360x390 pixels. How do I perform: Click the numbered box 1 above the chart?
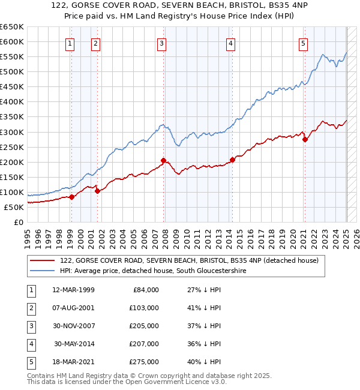click(x=70, y=43)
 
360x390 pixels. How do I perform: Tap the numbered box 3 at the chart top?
click(x=162, y=43)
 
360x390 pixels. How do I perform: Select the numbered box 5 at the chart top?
click(x=304, y=43)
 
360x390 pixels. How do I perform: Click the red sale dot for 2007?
click(x=163, y=160)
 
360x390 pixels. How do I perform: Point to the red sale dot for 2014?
click(x=232, y=160)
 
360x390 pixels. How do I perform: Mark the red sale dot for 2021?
click(x=305, y=139)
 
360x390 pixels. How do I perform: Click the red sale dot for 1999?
click(x=71, y=197)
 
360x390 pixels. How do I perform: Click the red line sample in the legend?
click(x=42, y=261)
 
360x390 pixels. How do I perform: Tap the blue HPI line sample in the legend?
click(x=42, y=271)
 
